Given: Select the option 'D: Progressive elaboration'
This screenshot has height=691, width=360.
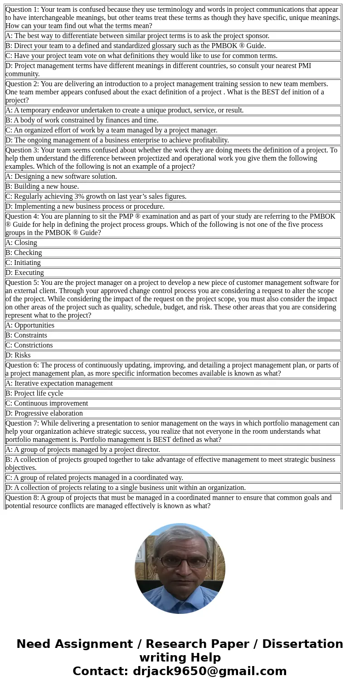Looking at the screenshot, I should pyautogui.click(x=44, y=413).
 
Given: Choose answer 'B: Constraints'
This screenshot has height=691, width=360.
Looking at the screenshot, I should pyautogui.click(x=26, y=335).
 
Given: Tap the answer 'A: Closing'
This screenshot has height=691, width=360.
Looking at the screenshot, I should pyautogui.click(x=21, y=243).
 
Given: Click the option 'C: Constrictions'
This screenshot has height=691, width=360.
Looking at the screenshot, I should pyautogui.click(x=29, y=345).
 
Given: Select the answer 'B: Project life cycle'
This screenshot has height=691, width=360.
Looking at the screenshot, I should pyautogui.click(x=34, y=393).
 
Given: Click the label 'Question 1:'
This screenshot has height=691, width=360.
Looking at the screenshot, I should pyautogui.click(x=22, y=10).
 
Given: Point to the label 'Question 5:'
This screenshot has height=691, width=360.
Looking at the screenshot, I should pyautogui.click(x=22, y=283).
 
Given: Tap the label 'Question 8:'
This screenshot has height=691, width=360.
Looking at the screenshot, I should pyautogui.click(x=22, y=498).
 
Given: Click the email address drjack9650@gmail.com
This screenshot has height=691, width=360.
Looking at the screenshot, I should pyautogui.click(x=209, y=671).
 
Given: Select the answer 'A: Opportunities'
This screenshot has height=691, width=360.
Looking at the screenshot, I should pyautogui.click(x=30, y=325).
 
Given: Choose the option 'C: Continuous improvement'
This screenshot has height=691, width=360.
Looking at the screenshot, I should pyautogui.click(x=47, y=403).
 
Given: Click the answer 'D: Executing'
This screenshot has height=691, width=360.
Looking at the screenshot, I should pyautogui.click(x=24, y=273).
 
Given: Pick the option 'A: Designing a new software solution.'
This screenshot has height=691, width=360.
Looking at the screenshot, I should pyautogui.click(x=61, y=176).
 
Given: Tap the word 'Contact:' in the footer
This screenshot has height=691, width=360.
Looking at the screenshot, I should pyautogui.click(x=101, y=671).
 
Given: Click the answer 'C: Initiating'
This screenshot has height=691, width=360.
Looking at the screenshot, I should pyautogui.click(x=23, y=263).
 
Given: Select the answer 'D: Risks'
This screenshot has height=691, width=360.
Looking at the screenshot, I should pyautogui.click(x=18, y=355).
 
